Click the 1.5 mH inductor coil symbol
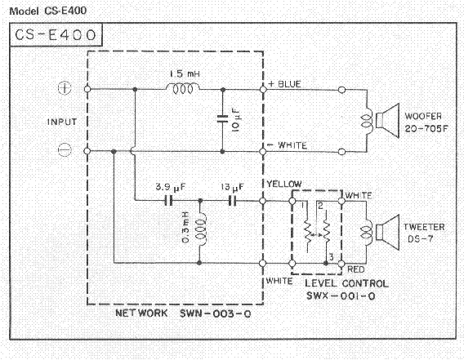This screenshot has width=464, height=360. pyautogui.click(x=183, y=88)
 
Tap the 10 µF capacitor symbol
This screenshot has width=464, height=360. pyautogui.click(x=222, y=118)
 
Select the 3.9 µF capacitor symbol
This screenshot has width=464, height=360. pyautogui.click(x=168, y=201)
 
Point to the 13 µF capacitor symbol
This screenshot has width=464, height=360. pyautogui.click(x=232, y=201)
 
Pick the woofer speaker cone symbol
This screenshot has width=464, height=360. pyautogui.click(x=387, y=120)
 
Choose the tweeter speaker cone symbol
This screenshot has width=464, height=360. pyautogui.click(x=387, y=232)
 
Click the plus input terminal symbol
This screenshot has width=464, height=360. pyautogui.click(x=65, y=88)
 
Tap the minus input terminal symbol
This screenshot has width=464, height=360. pyautogui.click(x=65, y=149)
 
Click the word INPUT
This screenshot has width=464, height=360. pyautogui.click(x=62, y=122)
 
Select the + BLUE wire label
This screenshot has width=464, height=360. pyautogui.click(x=284, y=84)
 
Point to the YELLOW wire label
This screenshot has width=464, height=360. pyautogui.click(x=284, y=184)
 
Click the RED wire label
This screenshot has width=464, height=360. pyautogui.click(x=355, y=269)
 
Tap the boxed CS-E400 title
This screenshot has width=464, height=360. pyautogui.click(x=56, y=35)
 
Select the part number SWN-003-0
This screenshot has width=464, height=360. pyautogui.click(x=216, y=313)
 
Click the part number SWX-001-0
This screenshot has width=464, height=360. pyautogui.click(x=341, y=296)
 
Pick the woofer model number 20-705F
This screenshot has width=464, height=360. pyautogui.click(x=426, y=129)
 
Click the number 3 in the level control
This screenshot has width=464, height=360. pyautogui.click(x=331, y=257)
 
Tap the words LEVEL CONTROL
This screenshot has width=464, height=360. pyautogui.click(x=346, y=283)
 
